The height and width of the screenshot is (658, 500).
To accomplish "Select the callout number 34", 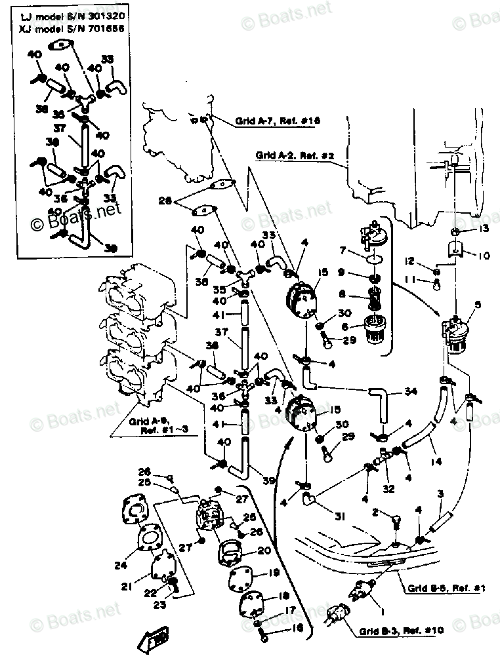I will tap(411, 392).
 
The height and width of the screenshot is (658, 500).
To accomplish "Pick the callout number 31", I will tap(339, 517).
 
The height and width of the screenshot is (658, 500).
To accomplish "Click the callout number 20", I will tap(245, 551).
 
